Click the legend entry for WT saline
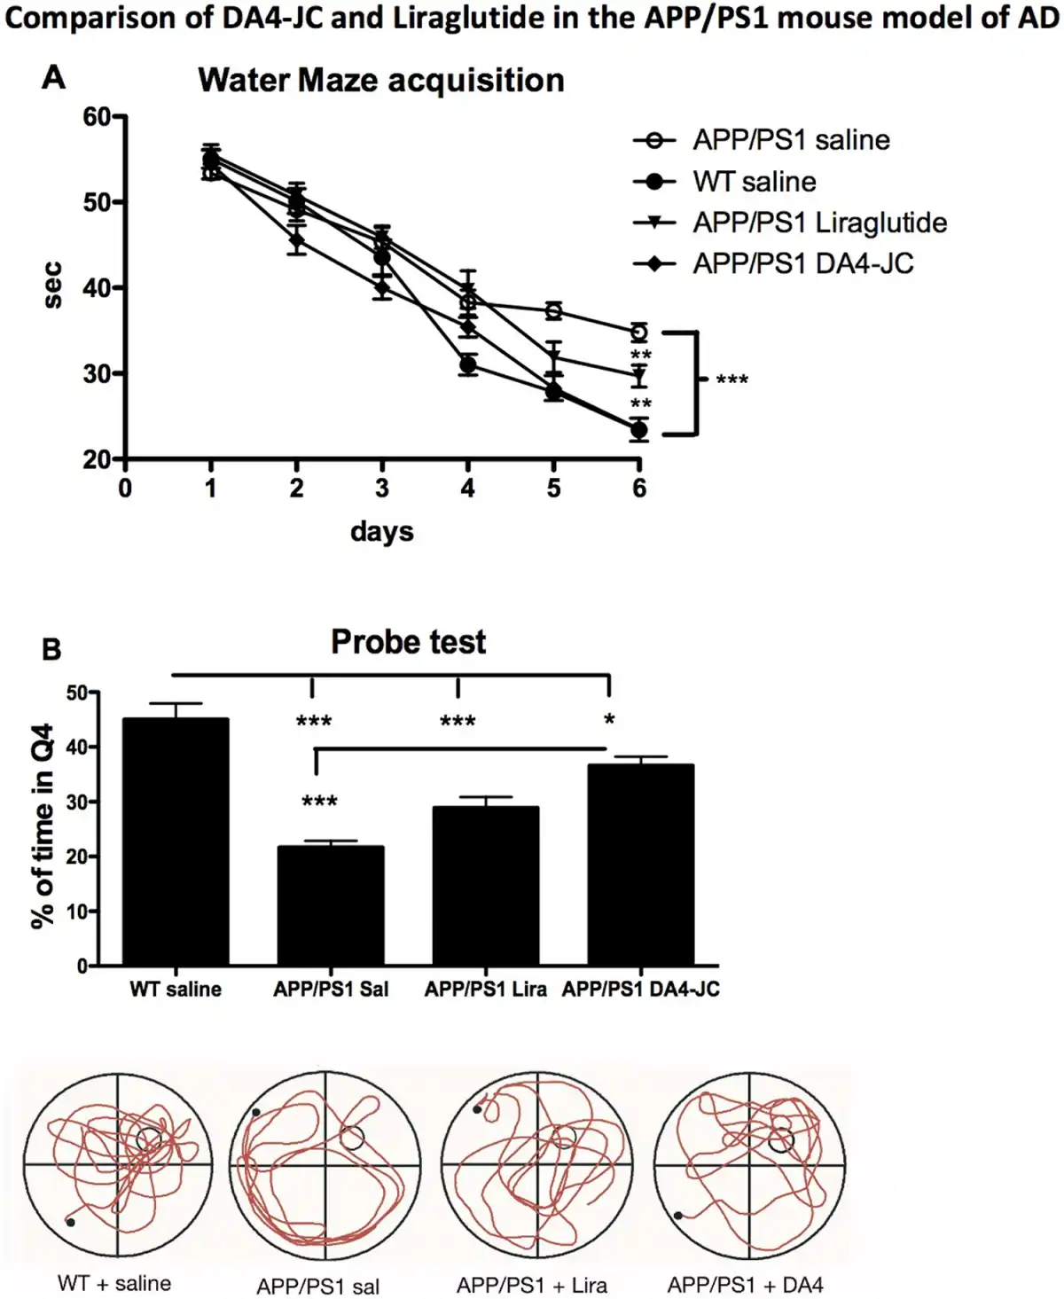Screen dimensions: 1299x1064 click(754, 182)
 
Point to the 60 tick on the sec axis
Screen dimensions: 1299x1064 click(97, 117)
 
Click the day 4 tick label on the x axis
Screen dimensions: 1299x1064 click(467, 488)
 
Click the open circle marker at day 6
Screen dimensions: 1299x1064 click(638, 333)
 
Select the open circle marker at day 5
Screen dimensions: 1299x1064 click(553, 311)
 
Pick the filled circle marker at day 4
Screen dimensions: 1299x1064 click(468, 364)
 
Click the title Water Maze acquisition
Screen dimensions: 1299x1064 click(381, 81)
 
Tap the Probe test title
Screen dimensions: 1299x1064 click(408, 642)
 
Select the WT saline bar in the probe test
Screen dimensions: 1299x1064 click(176, 842)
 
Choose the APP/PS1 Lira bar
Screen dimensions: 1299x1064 click(485, 887)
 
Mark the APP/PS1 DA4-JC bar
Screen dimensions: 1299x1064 click(640, 865)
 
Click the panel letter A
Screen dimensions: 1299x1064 click(54, 78)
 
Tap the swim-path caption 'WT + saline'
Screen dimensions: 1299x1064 click(114, 1283)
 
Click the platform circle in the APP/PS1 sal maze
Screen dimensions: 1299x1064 click(352, 1138)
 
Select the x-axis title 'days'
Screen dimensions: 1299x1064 click(381, 532)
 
